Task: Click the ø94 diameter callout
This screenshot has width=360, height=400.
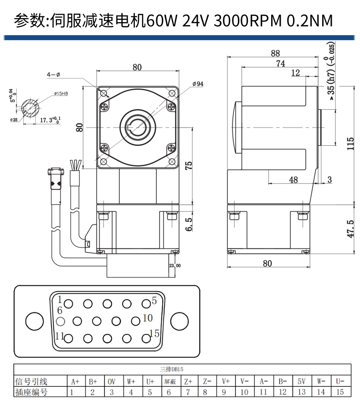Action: click(198, 84)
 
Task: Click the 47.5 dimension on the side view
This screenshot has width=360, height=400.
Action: click(350, 229)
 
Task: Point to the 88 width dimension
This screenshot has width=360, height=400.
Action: click(275, 53)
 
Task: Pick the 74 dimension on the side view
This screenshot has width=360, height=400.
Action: click(281, 64)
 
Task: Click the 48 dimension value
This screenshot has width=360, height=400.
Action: click(293, 179)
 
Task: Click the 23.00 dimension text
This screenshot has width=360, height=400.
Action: click(175, 266)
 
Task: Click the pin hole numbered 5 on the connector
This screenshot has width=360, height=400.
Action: click(146, 303)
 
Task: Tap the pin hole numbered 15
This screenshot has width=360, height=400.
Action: click(146, 338)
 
